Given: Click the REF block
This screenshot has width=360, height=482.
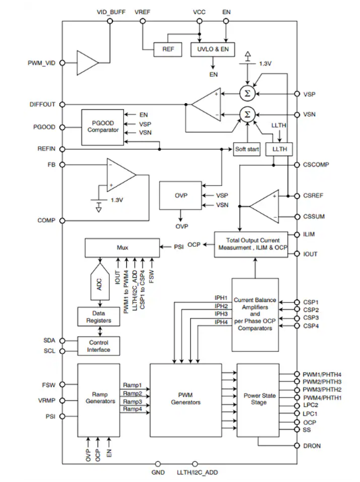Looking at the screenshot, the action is click(x=168, y=49).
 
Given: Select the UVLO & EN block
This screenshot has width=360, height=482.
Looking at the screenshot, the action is click(x=213, y=49).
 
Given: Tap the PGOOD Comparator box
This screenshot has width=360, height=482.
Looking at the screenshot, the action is click(x=102, y=127).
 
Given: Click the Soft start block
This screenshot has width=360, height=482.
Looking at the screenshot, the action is click(x=247, y=150).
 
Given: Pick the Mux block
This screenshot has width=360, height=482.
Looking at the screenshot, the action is click(x=122, y=247).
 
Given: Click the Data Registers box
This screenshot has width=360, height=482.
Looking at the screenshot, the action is click(x=98, y=317).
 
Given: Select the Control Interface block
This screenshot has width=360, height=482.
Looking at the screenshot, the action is click(x=98, y=346).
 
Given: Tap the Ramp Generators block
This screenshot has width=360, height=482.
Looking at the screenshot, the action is click(x=98, y=400).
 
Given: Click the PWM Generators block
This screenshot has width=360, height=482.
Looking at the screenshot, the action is click(x=185, y=400).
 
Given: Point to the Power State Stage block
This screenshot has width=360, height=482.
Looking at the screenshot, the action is click(x=258, y=400).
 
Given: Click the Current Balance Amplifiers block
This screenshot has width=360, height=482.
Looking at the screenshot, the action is click(x=255, y=315).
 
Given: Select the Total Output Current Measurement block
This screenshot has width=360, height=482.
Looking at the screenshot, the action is click(x=251, y=245).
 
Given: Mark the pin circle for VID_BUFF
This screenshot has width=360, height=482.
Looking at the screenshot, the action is click(x=110, y=21).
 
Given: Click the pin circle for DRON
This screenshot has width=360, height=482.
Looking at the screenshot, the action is click(x=297, y=446).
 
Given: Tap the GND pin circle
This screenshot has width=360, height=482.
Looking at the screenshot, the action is click(x=158, y=464).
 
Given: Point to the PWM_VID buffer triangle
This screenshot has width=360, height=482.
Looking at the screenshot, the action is click(x=88, y=63).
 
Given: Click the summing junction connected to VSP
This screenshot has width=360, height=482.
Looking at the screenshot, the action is click(x=247, y=93).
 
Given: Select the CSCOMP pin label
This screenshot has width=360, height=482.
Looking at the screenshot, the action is click(x=316, y=164).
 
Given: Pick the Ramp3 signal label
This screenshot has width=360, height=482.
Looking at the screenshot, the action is click(x=133, y=402).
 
